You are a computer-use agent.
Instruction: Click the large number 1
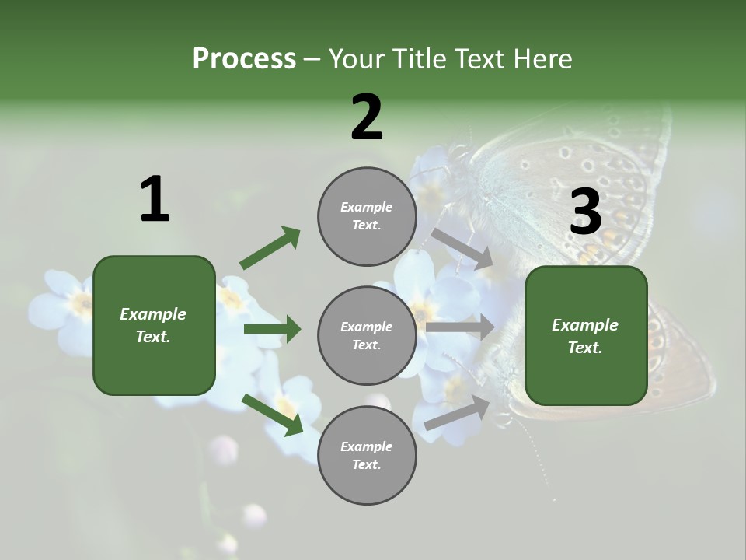pyautogui.click(x=155, y=200)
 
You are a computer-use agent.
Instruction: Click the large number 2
pyautogui.click(x=367, y=118)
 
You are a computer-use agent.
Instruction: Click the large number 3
pyautogui.click(x=585, y=212)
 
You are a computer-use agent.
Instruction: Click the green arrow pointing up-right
pyautogui.click(x=270, y=248)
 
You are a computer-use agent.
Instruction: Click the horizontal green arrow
pyautogui.click(x=272, y=329)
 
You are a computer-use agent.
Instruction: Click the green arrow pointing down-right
pyautogui.click(x=272, y=414)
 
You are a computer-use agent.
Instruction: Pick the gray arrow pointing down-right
pyautogui.click(x=462, y=248)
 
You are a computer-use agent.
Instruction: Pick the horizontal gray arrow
pyautogui.click(x=460, y=327)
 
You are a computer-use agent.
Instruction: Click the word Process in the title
pyautogui.click(x=244, y=59)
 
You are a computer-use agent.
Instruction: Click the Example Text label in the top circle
pyautogui.click(x=367, y=216)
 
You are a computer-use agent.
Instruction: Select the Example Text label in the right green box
pyautogui.click(x=585, y=336)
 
